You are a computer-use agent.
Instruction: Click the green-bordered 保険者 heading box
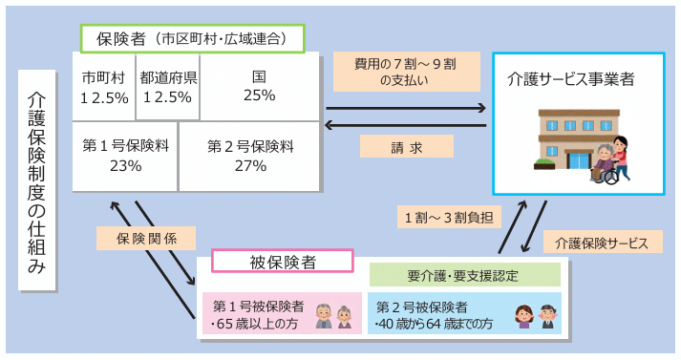(192, 39)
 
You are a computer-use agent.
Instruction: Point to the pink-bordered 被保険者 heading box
(283, 261)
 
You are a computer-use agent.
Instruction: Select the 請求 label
(406, 147)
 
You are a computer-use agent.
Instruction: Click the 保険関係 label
(145, 237)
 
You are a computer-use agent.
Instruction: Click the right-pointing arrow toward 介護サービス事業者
(405, 107)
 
